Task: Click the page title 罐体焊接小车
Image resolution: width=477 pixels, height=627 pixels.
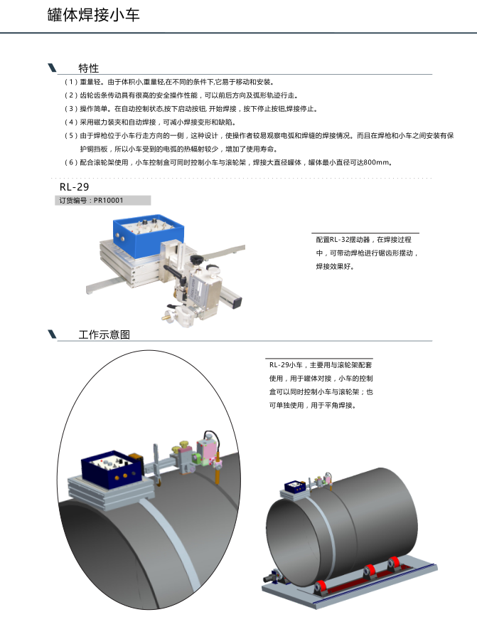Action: click(93, 15)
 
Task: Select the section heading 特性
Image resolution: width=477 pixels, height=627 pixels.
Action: click(89, 68)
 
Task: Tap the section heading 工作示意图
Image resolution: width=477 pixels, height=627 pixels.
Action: click(104, 334)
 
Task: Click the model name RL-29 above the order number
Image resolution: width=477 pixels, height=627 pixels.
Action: click(75, 186)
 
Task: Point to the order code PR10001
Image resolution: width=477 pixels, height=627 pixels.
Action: click(109, 200)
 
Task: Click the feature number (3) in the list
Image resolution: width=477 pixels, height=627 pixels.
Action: click(71, 109)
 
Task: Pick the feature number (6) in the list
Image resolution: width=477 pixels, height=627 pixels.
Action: click(71, 162)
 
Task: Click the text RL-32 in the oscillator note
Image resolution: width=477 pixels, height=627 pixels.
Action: click(340, 240)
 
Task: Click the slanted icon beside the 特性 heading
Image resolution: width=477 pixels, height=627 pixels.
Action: click(52, 68)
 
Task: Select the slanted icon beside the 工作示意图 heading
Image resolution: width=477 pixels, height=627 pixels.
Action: click(52, 334)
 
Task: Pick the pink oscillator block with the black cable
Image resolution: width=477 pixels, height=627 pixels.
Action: click(208, 451)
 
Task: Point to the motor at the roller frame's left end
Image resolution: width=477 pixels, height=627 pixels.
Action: click(272, 576)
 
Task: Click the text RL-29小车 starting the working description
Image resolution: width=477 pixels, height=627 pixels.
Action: click(286, 365)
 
